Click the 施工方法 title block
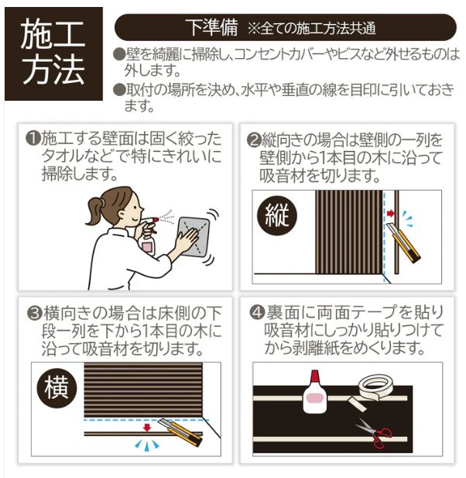53,53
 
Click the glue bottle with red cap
317,394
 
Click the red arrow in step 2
391,211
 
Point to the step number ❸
33,314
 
